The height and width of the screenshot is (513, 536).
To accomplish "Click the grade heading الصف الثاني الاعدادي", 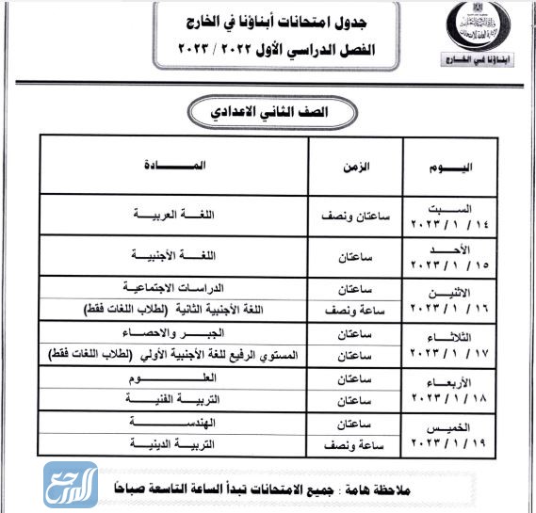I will click(x=269, y=110).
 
